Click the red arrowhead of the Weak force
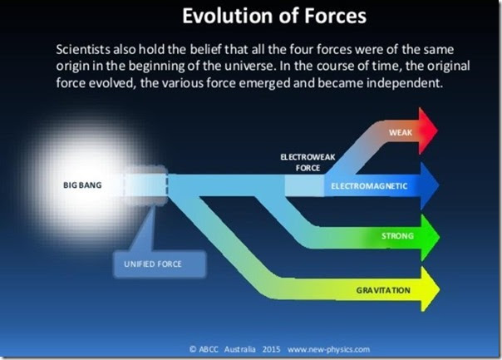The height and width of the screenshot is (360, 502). click(x=427, y=131)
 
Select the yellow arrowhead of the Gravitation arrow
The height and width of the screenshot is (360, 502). click(x=430, y=289)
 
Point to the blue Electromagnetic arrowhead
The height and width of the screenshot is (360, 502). click(x=429, y=185)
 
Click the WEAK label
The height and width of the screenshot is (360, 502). click(x=401, y=132)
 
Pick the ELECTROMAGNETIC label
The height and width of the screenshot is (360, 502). click(x=369, y=186)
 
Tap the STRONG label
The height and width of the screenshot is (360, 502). click(x=397, y=236)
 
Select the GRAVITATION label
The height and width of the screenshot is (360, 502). click(x=383, y=290)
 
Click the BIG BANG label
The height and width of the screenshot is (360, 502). click(x=82, y=185)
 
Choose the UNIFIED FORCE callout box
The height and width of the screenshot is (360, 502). click(x=160, y=264)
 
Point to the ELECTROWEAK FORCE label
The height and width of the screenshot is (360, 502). click(x=308, y=162)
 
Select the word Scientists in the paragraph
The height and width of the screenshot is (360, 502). click(x=83, y=49)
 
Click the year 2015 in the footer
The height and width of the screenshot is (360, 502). click(x=271, y=349)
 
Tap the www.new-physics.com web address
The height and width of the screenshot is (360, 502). click(x=328, y=349)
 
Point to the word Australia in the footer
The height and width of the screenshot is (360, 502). click(x=240, y=349)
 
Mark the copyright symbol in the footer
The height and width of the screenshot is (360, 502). click(x=193, y=349)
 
